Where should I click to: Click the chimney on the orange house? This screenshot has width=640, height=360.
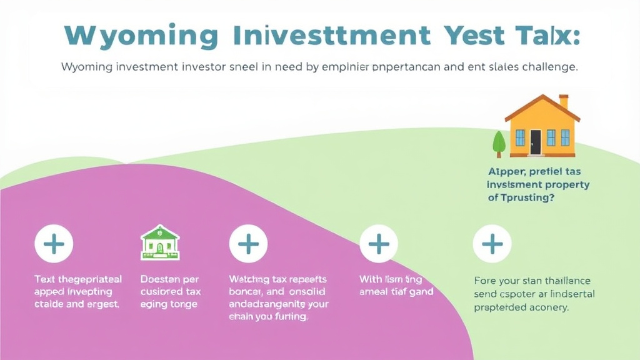pos(564,101)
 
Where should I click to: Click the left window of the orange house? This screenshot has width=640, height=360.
pos(519,137)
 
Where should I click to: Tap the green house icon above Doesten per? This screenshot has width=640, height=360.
pos(159,242)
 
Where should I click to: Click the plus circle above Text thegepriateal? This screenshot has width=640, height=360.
pos(54,244)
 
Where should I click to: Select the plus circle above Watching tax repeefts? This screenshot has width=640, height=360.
pos(248,244)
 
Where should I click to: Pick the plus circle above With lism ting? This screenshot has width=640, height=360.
pos(379,244)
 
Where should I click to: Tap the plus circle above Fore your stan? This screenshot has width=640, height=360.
pos(492,244)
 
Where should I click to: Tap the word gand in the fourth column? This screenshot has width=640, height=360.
pos(421,291)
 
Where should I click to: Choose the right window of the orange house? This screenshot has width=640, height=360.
pos(564,137)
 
